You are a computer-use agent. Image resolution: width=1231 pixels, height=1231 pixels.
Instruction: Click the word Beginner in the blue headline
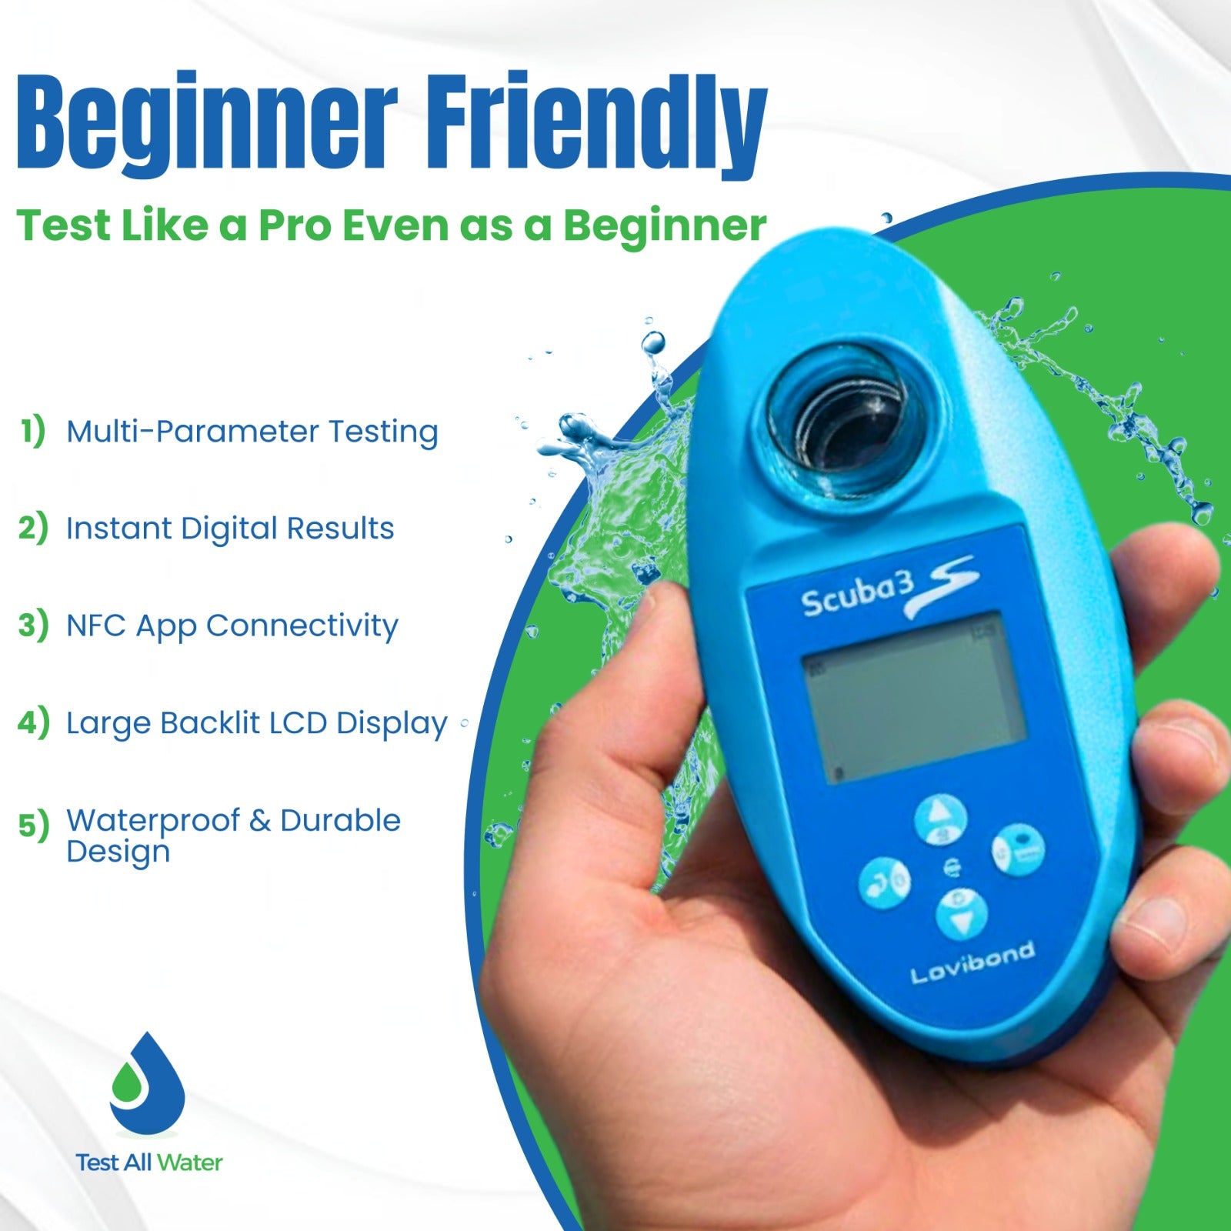[207, 123]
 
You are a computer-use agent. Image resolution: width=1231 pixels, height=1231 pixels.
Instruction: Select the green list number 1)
[33, 431]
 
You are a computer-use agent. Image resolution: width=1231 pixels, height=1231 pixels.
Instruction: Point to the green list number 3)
[33, 626]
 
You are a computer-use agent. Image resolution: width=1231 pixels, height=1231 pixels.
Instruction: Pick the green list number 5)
[33, 826]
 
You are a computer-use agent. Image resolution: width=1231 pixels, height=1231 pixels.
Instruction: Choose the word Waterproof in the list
[153, 822]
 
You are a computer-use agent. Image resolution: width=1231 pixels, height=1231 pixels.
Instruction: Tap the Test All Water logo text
[149, 1163]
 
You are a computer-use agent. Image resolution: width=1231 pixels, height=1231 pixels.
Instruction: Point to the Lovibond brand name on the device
[972, 962]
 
